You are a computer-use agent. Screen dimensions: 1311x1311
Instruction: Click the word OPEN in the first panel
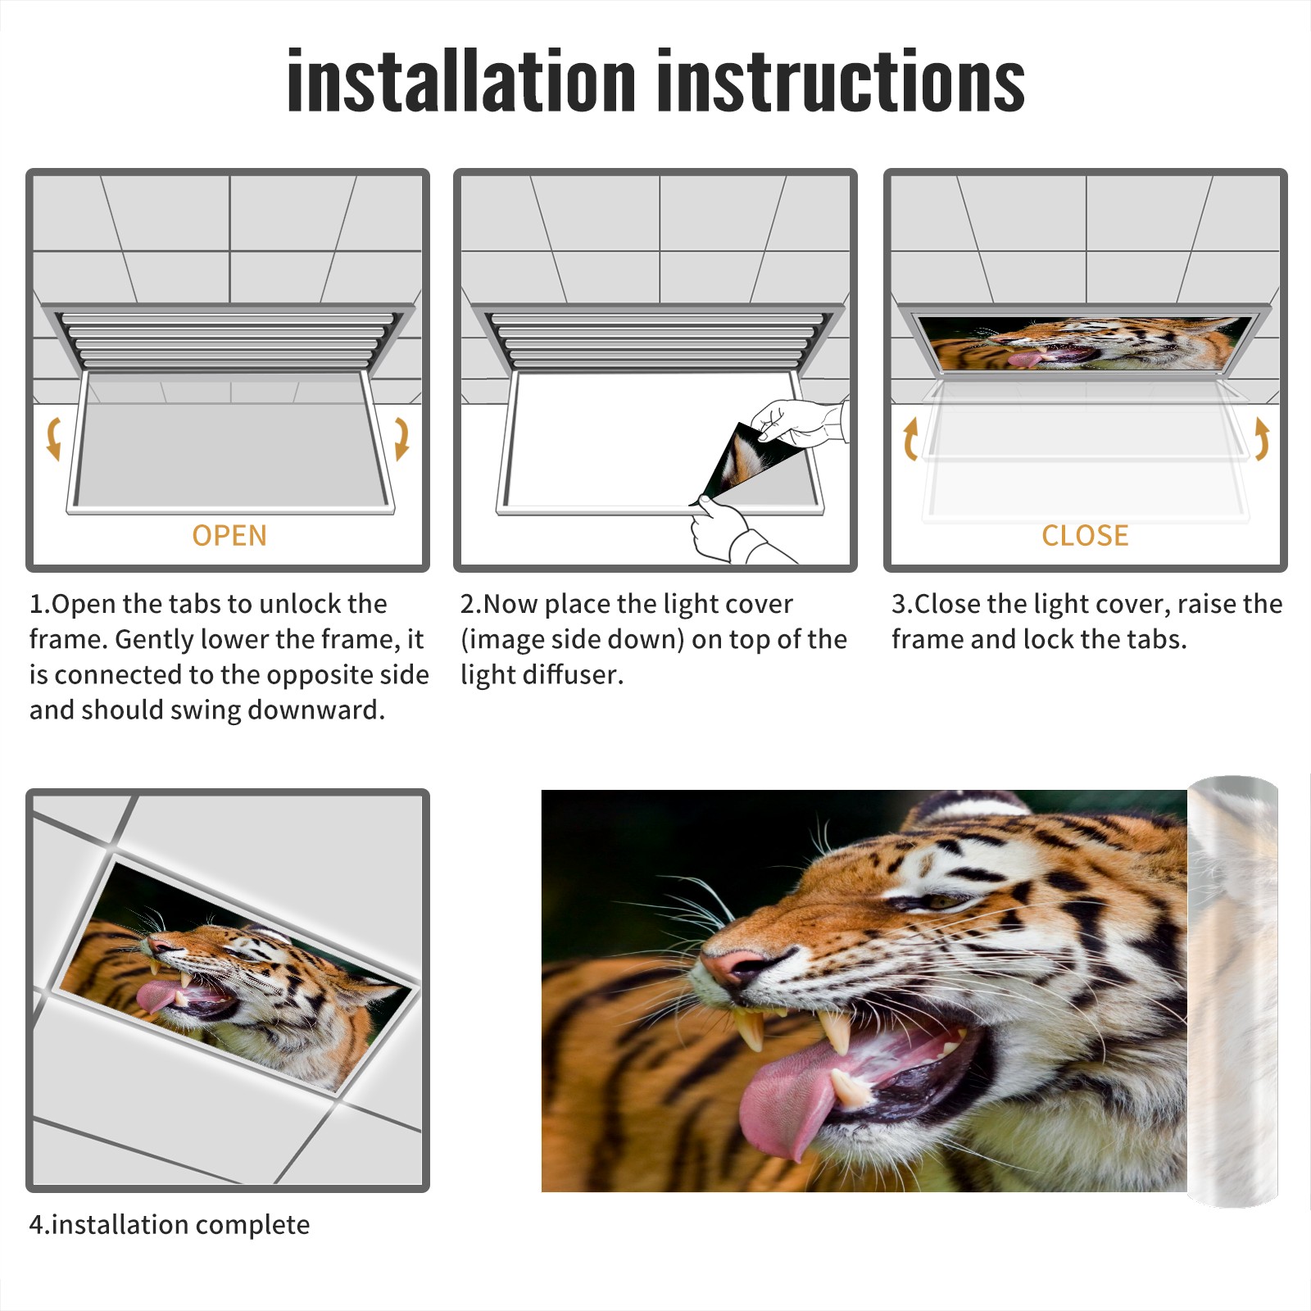pyautogui.click(x=229, y=536)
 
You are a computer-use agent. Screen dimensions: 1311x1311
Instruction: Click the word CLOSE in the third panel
pyautogui.click(x=1085, y=536)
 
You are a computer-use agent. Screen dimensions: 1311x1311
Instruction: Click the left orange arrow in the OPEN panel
pyautogui.click(x=53, y=438)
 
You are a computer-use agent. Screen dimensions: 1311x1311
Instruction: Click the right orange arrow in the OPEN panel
pyautogui.click(x=401, y=438)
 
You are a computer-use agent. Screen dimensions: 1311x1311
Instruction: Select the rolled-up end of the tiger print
pyautogui.click(x=1233, y=991)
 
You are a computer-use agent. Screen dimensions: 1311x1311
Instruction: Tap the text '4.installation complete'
pyautogui.click(x=170, y=1224)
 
